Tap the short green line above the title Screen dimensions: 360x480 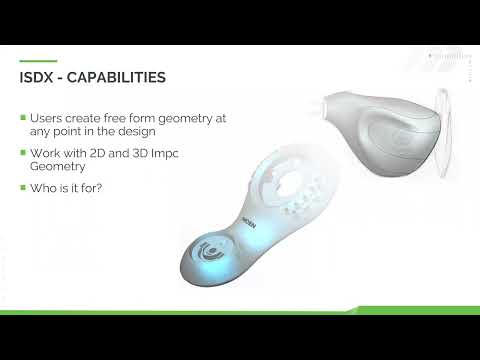coord(38,61)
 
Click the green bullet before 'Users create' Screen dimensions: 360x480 coord(23,118)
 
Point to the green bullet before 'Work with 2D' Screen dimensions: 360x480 coord(23,153)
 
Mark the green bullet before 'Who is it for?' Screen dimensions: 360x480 coord(23,188)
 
